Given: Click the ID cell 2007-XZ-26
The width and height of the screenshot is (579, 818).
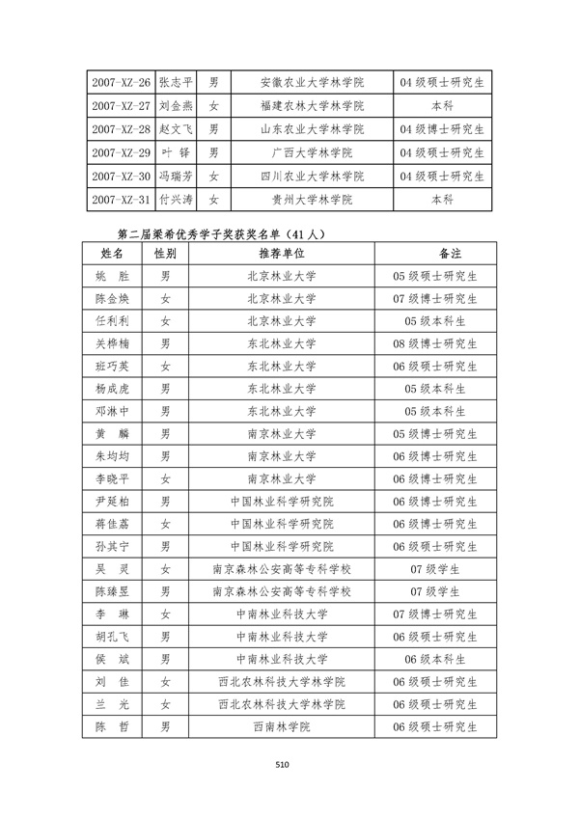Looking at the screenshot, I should pyautogui.click(x=120, y=82).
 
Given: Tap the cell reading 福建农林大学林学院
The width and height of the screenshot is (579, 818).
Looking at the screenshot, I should pyautogui.click(x=312, y=105).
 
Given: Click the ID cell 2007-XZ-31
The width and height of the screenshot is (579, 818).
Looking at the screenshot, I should pyautogui.click(x=120, y=200).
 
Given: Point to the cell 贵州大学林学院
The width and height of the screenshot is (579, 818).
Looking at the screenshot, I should pyautogui.click(x=312, y=200).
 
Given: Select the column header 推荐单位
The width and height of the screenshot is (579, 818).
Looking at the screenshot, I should pyautogui.click(x=281, y=253).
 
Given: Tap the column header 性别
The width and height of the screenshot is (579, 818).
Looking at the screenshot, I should pyautogui.click(x=165, y=253).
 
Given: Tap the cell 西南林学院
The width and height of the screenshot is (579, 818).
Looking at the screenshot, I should pyautogui.click(x=281, y=726).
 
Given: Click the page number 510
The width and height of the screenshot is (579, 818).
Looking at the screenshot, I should pyautogui.click(x=282, y=764).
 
